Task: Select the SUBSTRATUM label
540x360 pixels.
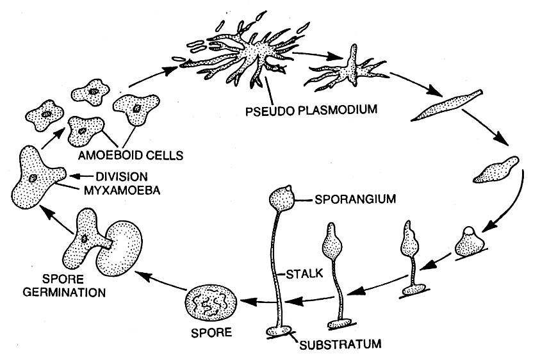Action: [340, 344]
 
